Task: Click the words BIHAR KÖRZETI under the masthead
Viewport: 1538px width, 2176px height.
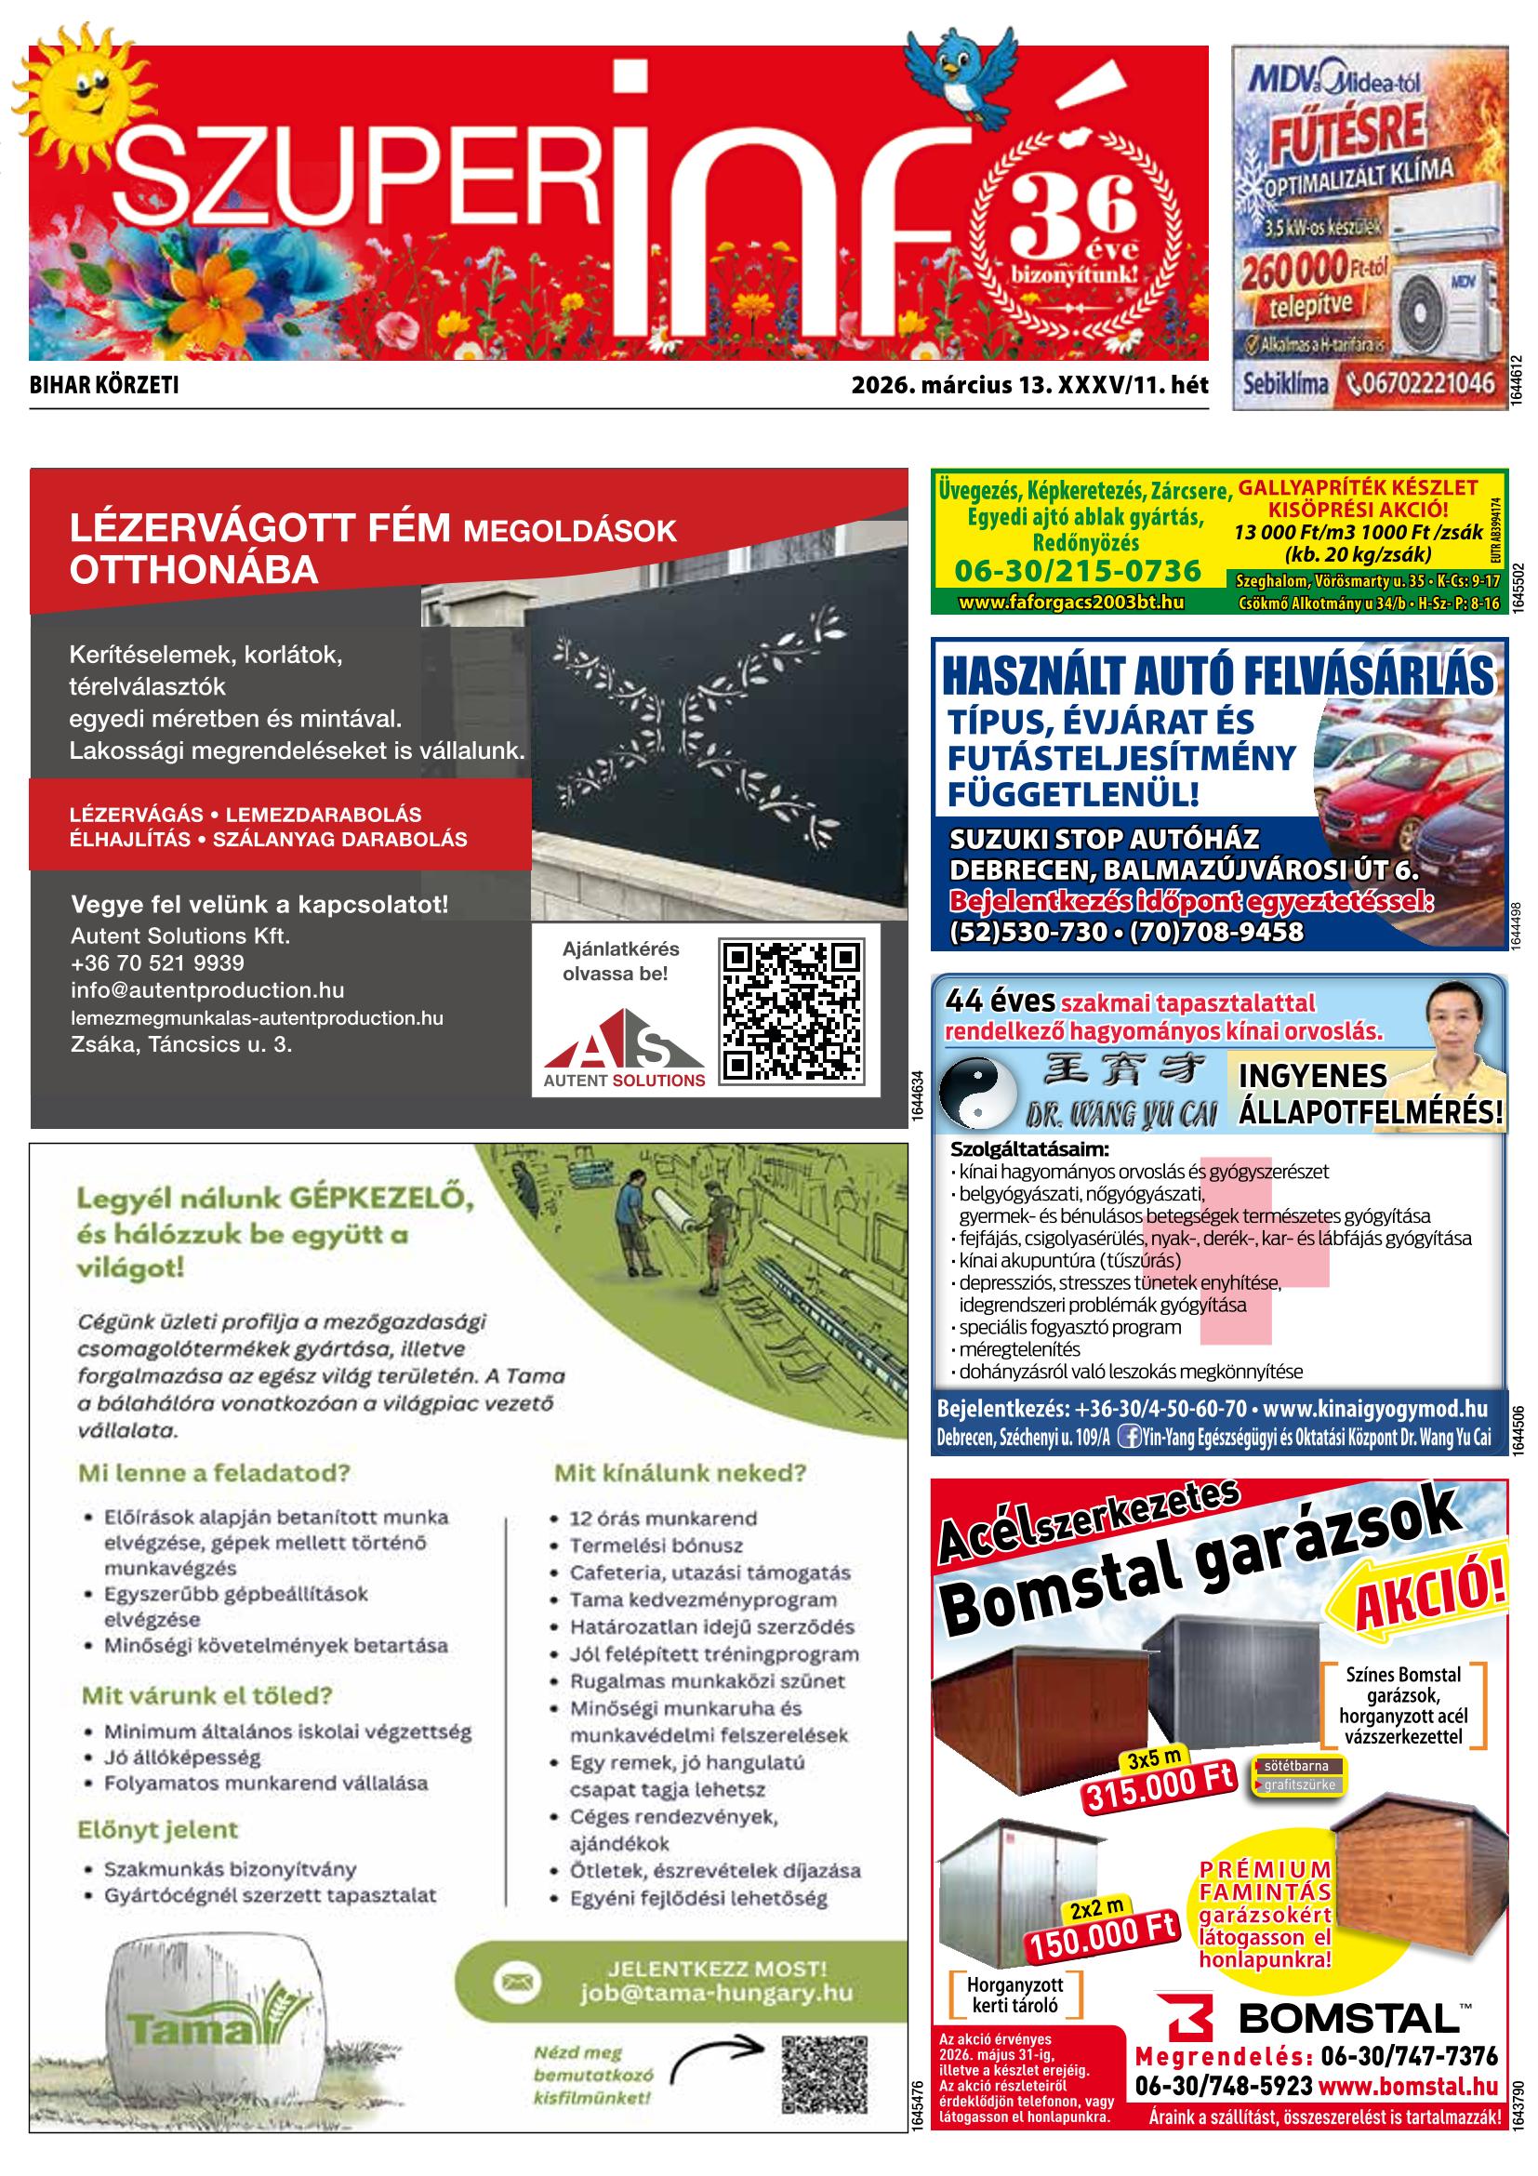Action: (x=104, y=386)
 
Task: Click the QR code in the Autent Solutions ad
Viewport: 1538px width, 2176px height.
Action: (x=792, y=1011)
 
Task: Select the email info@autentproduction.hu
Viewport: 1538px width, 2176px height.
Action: (x=206, y=990)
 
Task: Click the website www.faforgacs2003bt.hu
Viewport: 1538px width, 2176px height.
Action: (x=1071, y=602)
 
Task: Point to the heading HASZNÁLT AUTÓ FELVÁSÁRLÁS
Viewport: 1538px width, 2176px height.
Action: (x=1217, y=677)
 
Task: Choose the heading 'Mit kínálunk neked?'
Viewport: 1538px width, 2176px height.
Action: (x=680, y=1473)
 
